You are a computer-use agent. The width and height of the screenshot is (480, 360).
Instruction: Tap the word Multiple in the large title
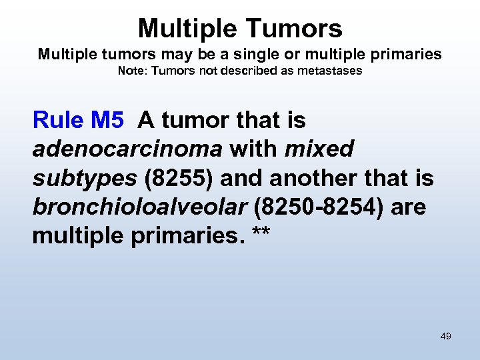181,28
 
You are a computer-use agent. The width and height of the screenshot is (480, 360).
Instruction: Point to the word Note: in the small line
133,71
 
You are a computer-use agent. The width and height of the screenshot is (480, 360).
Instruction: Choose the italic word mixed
319,149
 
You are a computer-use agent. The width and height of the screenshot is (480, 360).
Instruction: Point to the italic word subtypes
84,179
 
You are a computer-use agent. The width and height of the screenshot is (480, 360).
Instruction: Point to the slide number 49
445,336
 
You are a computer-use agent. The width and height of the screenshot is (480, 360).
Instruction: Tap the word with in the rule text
255,149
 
